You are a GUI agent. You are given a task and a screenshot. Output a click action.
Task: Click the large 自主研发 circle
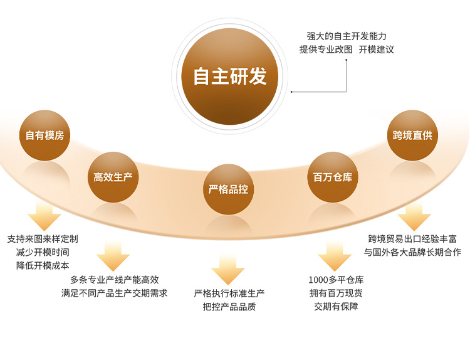click(229, 77)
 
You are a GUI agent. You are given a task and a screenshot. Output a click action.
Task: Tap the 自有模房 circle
click(44, 135)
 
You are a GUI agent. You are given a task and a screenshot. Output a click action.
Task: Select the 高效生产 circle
click(113, 177)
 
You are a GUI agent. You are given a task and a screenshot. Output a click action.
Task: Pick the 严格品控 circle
click(228, 189)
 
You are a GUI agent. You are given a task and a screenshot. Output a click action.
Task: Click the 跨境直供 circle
click(412, 135)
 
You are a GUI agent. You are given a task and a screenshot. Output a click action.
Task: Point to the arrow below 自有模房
click(44, 216)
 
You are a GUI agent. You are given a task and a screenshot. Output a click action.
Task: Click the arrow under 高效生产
click(113, 257)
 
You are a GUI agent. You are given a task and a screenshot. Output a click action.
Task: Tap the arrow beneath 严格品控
click(228, 270)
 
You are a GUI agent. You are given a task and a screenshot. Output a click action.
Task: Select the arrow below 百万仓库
click(335, 257)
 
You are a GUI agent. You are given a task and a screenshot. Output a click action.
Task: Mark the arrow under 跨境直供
click(414, 216)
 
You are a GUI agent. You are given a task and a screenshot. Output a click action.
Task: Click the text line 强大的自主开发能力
click(347, 36)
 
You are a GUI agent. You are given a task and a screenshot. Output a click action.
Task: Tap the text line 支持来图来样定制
click(43, 239)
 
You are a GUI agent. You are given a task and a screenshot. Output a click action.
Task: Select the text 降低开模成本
click(43, 265)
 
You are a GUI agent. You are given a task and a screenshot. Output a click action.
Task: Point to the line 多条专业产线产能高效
click(114, 280)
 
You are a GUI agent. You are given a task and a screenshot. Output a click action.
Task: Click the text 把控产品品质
click(229, 307)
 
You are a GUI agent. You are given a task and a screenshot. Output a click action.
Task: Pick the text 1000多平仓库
click(336, 280)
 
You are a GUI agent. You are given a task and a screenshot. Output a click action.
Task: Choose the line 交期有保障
click(336, 307)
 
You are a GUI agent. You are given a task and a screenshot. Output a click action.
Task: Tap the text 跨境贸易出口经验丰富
click(412, 239)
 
